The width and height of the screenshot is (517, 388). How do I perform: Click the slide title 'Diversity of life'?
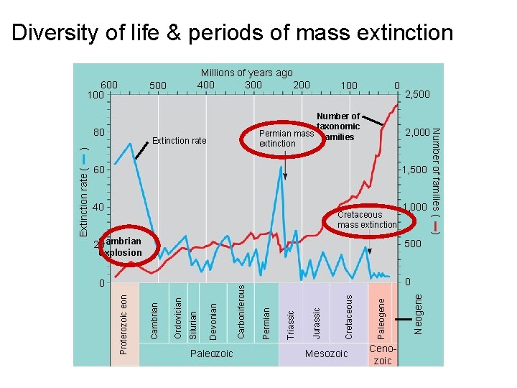click(233, 32)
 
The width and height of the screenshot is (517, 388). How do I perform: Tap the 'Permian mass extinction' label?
click(286, 139)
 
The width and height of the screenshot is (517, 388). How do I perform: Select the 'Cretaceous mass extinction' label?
click(366, 220)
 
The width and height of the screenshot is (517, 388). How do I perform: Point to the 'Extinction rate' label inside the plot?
click(179, 141)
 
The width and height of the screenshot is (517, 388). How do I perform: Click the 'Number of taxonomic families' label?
click(338, 126)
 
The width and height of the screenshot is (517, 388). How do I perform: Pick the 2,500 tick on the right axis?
click(418, 95)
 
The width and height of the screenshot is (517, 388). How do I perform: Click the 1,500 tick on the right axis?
click(414, 170)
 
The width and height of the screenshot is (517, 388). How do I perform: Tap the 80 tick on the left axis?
click(98, 133)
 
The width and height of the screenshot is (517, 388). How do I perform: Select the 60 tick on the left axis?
click(98, 170)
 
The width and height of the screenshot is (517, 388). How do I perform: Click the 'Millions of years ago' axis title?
click(246, 73)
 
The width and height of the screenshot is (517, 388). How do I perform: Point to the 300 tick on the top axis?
click(253, 85)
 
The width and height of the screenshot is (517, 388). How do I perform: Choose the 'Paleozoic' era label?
click(211, 354)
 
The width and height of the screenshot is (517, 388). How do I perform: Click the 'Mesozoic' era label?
click(326, 354)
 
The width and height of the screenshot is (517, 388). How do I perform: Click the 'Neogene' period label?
click(419, 310)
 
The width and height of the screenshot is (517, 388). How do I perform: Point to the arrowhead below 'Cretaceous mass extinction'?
click(369, 250)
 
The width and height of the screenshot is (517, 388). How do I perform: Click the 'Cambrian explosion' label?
click(123, 247)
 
